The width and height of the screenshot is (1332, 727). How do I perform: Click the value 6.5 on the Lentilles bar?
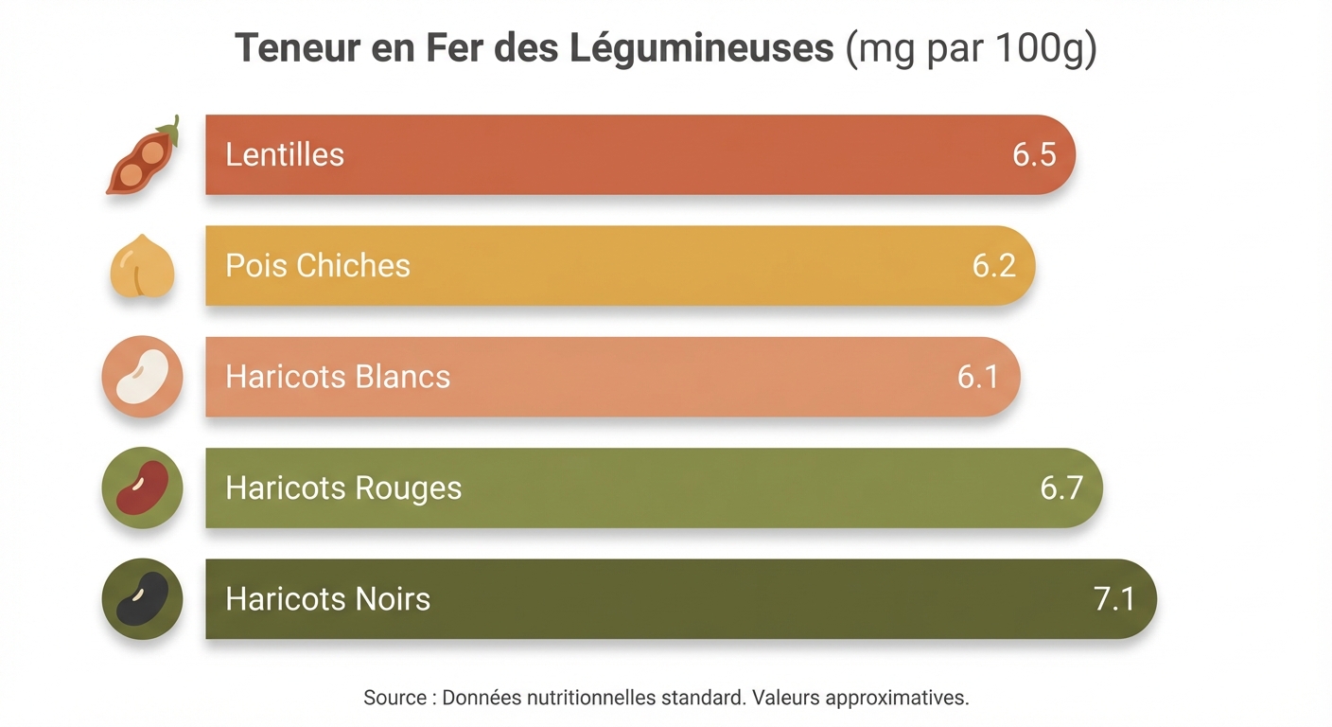click(x=1034, y=155)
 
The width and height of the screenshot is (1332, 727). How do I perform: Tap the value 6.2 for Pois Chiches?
click(x=993, y=266)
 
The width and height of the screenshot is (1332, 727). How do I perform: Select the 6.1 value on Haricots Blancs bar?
click(x=978, y=377)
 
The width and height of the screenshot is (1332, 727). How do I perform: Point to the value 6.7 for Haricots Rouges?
click(x=1060, y=488)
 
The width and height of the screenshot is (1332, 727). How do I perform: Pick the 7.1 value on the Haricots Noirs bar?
click(x=1114, y=599)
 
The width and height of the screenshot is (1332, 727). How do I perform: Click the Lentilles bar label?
click(x=285, y=155)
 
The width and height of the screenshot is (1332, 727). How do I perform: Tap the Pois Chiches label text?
click(x=318, y=266)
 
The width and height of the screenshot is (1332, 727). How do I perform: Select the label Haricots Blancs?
click(x=338, y=377)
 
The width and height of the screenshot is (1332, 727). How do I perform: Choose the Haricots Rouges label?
click(x=343, y=488)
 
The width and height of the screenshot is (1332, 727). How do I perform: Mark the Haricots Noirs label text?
click(x=327, y=599)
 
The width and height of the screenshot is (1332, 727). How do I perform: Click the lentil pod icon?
click(x=142, y=157)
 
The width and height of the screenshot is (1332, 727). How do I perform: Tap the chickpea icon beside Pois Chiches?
click(x=142, y=267)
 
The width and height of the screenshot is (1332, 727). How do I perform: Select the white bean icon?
click(x=142, y=377)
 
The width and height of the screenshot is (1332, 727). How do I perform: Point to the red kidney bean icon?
click(x=142, y=488)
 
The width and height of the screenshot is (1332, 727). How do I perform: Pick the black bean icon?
click(x=142, y=599)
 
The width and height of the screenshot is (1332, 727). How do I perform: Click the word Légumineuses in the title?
click(x=702, y=48)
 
